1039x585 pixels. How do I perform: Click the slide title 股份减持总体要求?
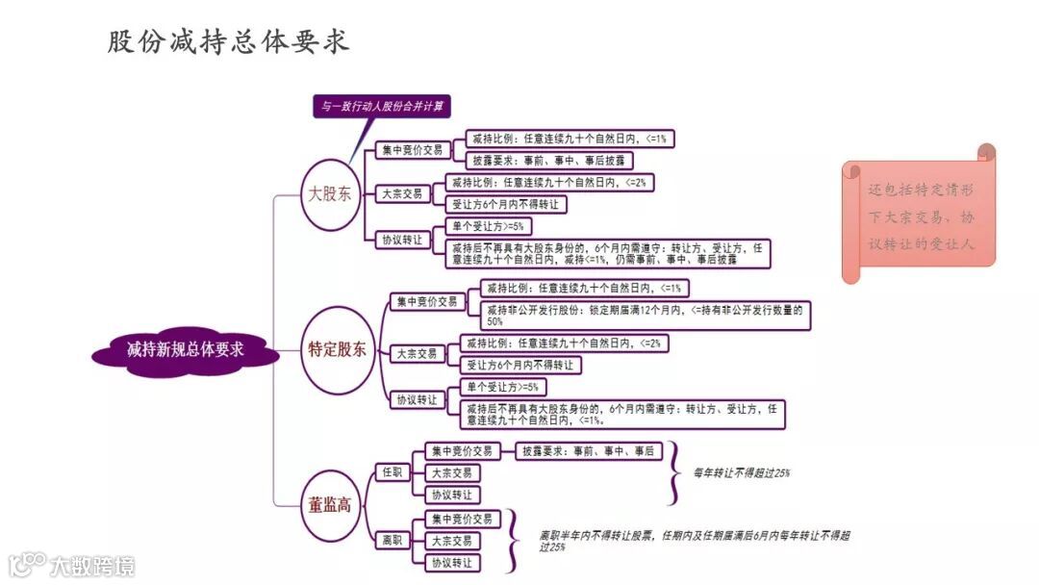pos(229,41)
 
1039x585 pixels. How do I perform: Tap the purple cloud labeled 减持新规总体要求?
pos(186,350)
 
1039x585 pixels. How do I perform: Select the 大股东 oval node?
pos(330,194)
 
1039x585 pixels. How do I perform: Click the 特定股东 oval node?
pos(337,350)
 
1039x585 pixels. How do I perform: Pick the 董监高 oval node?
pos(330,504)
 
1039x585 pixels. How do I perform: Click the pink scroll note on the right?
pos(920,216)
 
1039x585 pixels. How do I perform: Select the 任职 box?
pos(393,472)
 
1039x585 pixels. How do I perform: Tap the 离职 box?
pos(393,541)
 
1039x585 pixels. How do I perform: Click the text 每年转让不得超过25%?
pos(742,472)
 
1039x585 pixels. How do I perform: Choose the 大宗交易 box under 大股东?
pos(402,193)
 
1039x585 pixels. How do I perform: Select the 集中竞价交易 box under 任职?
pos(462,451)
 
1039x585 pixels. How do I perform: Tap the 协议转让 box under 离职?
pos(451,563)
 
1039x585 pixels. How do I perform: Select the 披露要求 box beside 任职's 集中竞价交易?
pos(587,451)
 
